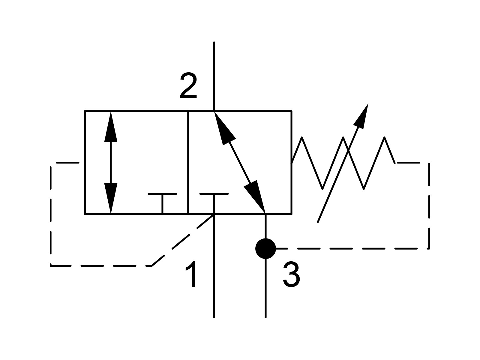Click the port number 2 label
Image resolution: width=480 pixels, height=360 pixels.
188,85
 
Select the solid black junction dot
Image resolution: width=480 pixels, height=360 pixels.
265,248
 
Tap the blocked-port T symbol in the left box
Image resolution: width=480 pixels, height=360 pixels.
162,203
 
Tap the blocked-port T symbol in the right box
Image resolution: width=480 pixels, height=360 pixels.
214,203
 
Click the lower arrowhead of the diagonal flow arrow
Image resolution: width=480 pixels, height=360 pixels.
255,197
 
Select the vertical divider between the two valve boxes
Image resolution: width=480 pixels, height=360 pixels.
188,163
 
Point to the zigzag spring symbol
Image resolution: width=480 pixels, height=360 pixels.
343,163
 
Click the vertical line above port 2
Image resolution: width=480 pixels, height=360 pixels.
214,76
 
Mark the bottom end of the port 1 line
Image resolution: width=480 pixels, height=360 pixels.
214,317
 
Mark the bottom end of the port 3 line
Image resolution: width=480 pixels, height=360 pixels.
265,317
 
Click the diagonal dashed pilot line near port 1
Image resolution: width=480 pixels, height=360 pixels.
183,240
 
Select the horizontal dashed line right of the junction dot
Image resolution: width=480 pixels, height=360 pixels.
352,248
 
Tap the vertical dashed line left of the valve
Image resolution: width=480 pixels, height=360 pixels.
50,216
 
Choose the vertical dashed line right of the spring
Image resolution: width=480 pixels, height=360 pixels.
429,205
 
